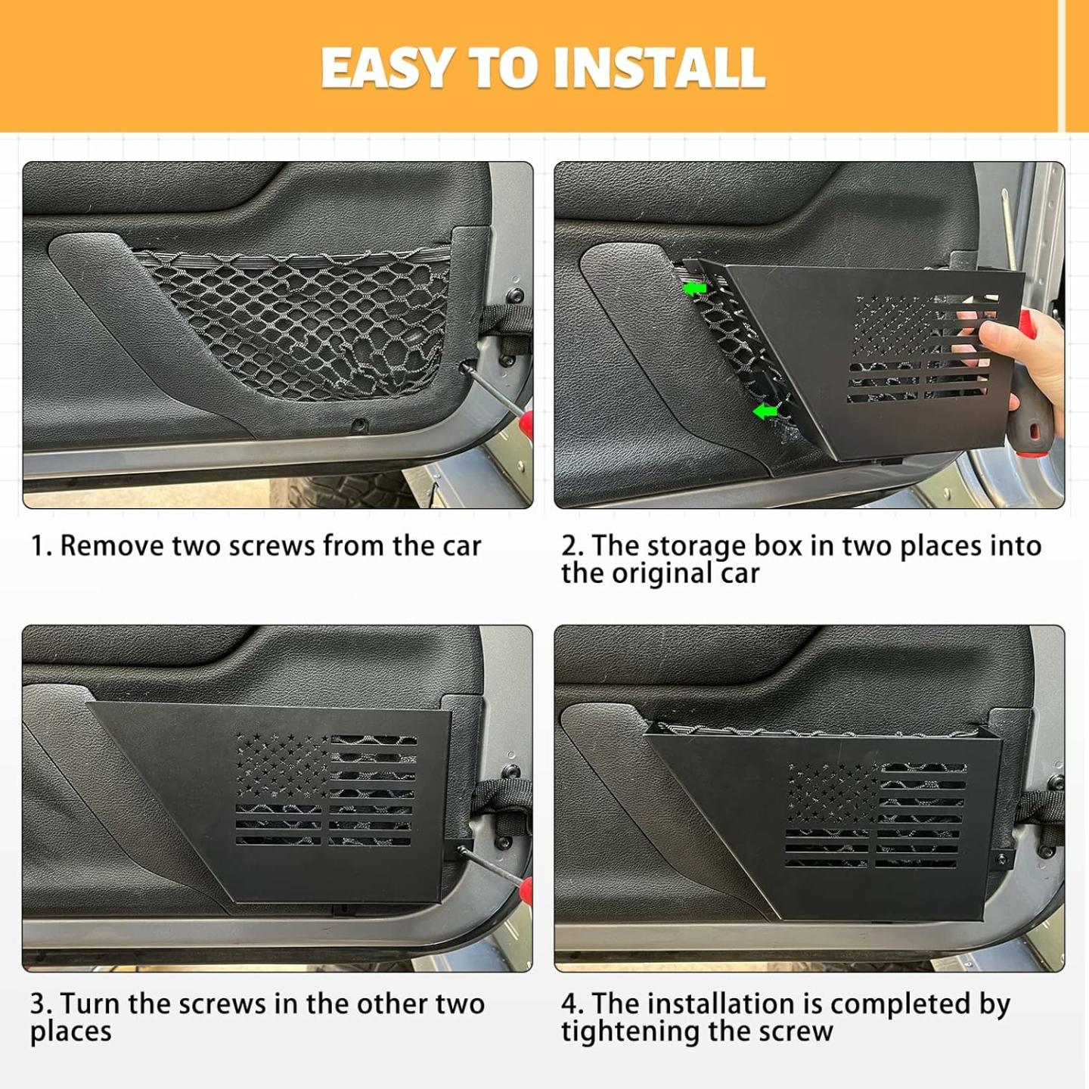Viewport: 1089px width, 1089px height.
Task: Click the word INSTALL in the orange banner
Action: click(659, 68)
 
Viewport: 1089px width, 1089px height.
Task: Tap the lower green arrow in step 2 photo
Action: click(765, 411)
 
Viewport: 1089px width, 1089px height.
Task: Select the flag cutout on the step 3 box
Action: click(325, 790)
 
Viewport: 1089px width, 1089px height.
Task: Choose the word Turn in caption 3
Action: click(90, 1004)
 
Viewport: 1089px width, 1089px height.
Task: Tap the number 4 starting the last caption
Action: click(569, 1004)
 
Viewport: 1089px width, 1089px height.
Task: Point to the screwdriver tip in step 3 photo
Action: click(463, 852)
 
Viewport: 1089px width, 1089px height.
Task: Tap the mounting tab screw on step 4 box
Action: click(1002, 859)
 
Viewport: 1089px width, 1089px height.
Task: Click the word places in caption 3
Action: click(71, 1032)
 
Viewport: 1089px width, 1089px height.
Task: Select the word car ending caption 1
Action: click(461, 546)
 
